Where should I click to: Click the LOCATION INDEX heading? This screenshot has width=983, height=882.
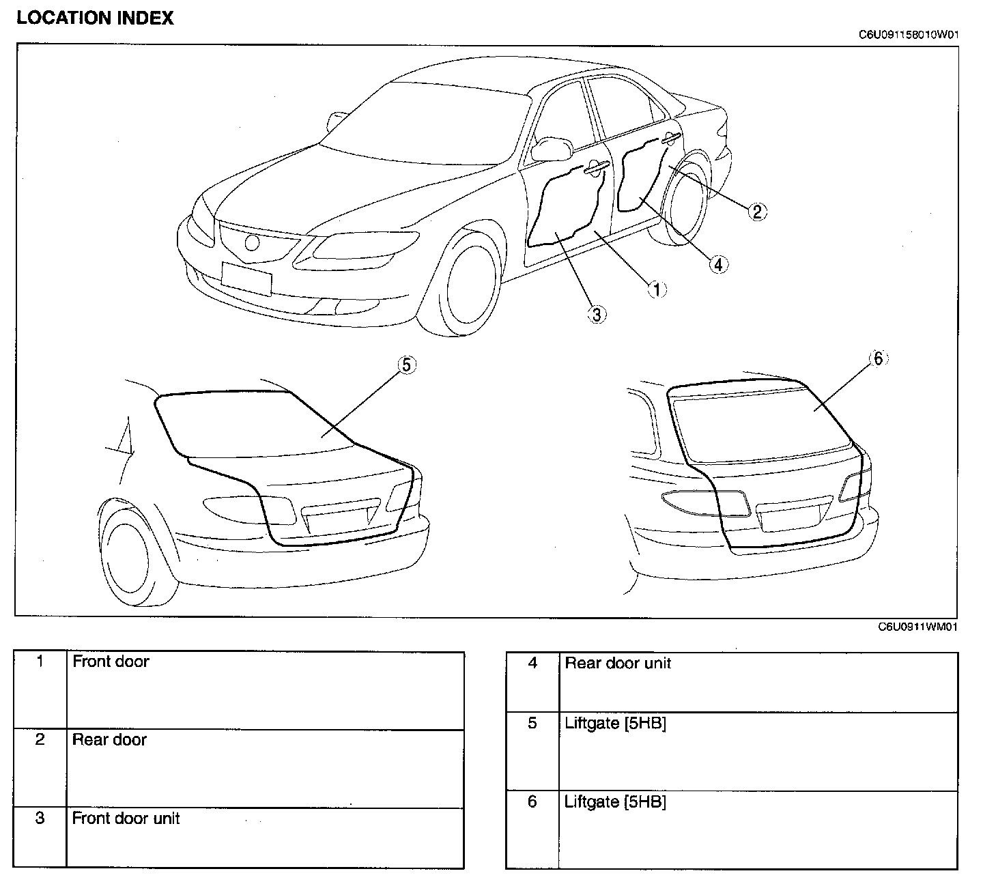(95, 18)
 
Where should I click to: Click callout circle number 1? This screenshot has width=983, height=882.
(657, 289)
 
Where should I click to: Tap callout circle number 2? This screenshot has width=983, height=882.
(756, 211)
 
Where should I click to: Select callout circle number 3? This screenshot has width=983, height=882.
(597, 314)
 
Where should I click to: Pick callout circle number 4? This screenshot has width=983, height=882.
(718, 264)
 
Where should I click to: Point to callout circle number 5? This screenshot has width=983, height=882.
(406, 365)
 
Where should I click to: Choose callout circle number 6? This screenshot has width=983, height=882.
(878, 358)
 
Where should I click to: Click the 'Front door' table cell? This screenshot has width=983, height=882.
(111, 661)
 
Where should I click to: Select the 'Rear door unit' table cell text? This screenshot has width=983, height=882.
(618, 663)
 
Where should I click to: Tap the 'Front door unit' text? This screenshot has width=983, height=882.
(126, 818)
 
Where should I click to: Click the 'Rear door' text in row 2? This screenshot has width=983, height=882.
(109, 739)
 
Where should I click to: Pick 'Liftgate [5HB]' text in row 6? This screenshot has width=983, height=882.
(615, 801)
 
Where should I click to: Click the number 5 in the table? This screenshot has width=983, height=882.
(532, 723)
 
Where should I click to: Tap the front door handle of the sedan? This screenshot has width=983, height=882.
(596, 168)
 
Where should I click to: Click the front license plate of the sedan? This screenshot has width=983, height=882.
(246, 279)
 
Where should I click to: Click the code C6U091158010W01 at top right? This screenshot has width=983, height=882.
(909, 35)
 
